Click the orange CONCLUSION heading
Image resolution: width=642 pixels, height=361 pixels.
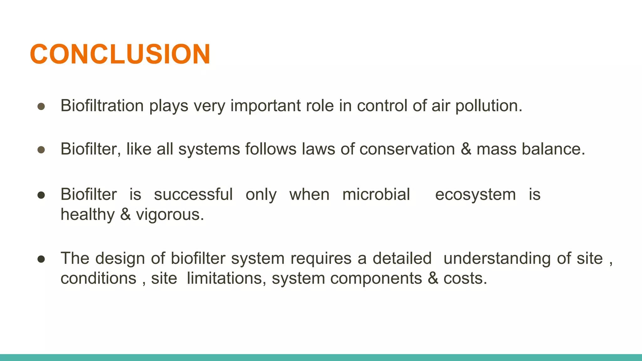(x=120, y=54)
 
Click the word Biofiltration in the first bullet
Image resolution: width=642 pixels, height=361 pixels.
(x=102, y=106)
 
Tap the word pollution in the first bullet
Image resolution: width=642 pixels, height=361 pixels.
(x=488, y=106)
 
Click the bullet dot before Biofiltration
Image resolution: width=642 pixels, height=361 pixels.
(x=41, y=107)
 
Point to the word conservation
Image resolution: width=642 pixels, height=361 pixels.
(x=407, y=149)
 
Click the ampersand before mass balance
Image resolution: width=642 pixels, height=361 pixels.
(x=466, y=149)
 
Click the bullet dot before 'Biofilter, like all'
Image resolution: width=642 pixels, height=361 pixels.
(x=41, y=150)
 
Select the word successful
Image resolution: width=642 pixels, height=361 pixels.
(x=193, y=195)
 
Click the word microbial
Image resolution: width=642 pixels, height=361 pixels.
(x=376, y=195)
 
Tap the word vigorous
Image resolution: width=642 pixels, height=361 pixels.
(x=170, y=215)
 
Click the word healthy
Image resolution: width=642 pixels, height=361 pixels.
(x=87, y=215)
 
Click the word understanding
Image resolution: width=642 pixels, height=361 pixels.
(x=497, y=259)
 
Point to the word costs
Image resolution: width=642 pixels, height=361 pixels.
(x=465, y=278)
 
